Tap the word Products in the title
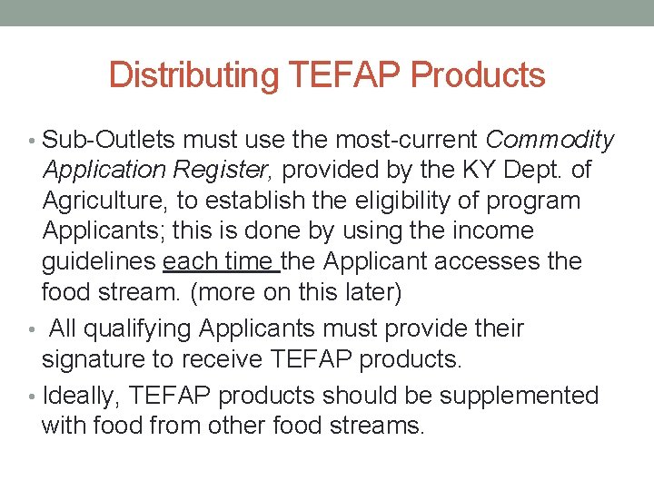pyautogui.click(x=478, y=75)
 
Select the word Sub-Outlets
pyautogui.click(x=109, y=141)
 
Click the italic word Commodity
pyautogui.click(x=550, y=141)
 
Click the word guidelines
pyautogui.click(x=99, y=262)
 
